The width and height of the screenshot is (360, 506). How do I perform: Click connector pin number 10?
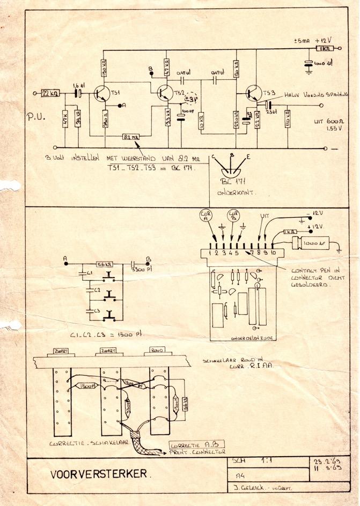(x=274, y=251)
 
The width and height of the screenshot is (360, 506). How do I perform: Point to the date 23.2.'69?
(x=329, y=462)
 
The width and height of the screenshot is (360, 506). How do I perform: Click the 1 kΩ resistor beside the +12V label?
(x=325, y=49)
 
